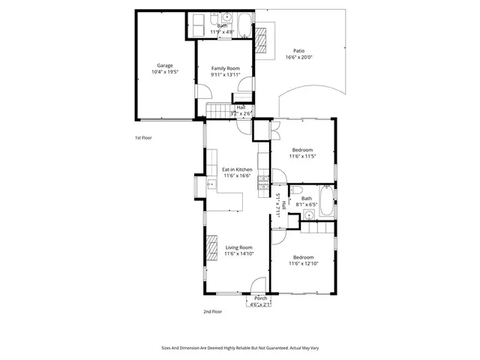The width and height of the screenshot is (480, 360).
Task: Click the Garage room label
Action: pyautogui.click(x=164, y=65)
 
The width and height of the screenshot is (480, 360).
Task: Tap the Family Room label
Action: pyautogui.click(x=225, y=68)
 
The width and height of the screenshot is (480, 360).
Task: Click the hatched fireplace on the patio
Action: pyautogui.click(x=262, y=37)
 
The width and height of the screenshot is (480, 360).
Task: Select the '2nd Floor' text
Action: pyautogui.click(x=212, y=311)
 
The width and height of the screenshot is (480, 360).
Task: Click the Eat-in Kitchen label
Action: pyautogui.click(x=237, y=169)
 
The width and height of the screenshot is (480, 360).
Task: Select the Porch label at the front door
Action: pyautogui.click(x=260, y=298)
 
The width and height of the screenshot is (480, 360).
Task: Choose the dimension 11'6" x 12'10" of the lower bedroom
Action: pyautogui.click(x=304, y=263)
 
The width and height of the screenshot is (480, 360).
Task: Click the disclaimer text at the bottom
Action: pyautogui.click(x=239, y=348)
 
